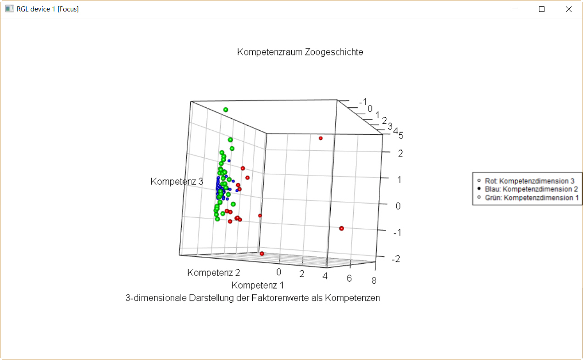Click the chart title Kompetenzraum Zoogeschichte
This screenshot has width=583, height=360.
300,52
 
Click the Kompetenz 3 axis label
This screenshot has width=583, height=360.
177,182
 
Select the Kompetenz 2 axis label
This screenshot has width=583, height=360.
214,273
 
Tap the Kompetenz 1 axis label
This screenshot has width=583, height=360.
257,285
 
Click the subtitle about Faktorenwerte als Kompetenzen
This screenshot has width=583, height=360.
253,298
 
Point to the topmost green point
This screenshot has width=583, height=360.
226,110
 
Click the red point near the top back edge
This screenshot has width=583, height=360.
321,138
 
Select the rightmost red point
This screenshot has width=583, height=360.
341,228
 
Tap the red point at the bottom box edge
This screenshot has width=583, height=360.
262,254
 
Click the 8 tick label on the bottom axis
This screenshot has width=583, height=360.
374,281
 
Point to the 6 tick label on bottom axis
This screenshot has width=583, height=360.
350,278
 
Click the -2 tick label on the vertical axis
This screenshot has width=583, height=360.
396,259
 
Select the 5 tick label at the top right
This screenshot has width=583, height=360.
400,135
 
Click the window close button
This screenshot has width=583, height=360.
569,9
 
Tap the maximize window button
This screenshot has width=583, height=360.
542,9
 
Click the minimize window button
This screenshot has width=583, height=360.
516,9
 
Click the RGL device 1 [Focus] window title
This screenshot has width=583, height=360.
47,9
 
